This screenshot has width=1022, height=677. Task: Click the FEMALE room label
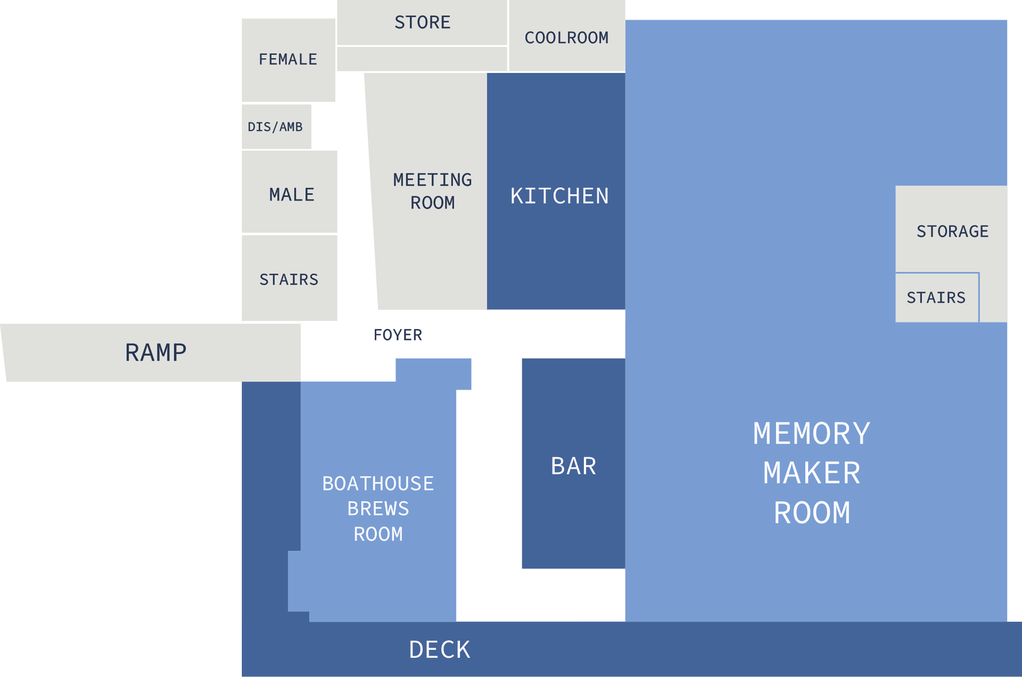coord(288,59)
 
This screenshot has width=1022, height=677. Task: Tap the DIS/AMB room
coord(277,127)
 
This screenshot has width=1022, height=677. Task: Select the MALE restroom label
coord(292,195)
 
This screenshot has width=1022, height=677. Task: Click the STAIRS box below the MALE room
coord(290,278)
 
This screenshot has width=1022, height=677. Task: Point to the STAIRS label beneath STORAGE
coord(935,298)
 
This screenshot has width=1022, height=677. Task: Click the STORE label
coord(422,22)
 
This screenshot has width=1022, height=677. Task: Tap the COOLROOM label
coord(566,38)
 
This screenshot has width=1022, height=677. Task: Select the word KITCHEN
coord(559,196)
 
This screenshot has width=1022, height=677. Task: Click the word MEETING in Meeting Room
coord(433,180)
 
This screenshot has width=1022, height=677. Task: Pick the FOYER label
coord(398,335)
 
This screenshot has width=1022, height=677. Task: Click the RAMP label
coord(156,353)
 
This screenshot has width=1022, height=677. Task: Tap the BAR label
coord(574,467)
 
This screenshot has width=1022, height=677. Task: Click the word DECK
coord(439,650)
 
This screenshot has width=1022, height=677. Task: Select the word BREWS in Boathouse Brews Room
coord(378,509)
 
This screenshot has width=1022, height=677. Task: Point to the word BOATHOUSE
coord(378,484)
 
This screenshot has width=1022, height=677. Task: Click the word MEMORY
coord(811,433)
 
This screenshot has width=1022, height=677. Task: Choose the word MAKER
coord(811,473)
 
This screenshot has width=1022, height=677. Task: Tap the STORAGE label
coord(953,232)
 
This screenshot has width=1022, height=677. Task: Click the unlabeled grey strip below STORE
coord(422,59)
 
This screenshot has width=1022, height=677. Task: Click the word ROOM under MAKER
coord(812,513)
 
